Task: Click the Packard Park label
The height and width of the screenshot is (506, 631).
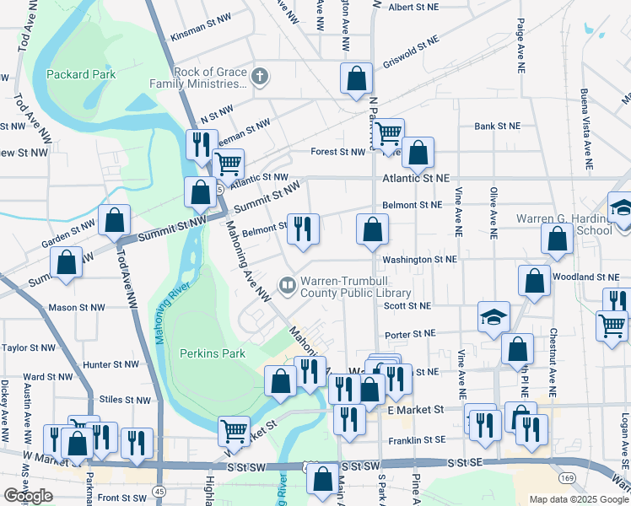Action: (x=81, y=74)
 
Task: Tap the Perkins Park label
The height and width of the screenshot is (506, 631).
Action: (x=211, y=353)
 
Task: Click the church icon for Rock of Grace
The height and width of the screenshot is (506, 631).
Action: (x=260, y=77)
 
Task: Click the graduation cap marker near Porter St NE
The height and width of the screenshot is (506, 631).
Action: (x=493, y=317)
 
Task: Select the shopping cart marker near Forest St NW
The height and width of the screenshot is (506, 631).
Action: (x=388, y=132)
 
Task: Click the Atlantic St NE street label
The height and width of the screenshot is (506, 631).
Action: (x=417, y=178)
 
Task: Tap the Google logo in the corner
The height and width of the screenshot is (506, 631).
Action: (x=28, y=495)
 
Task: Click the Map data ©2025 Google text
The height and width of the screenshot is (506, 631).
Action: (x=578, y=499)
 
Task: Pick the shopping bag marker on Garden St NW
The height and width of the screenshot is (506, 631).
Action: (x=114, y=221)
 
